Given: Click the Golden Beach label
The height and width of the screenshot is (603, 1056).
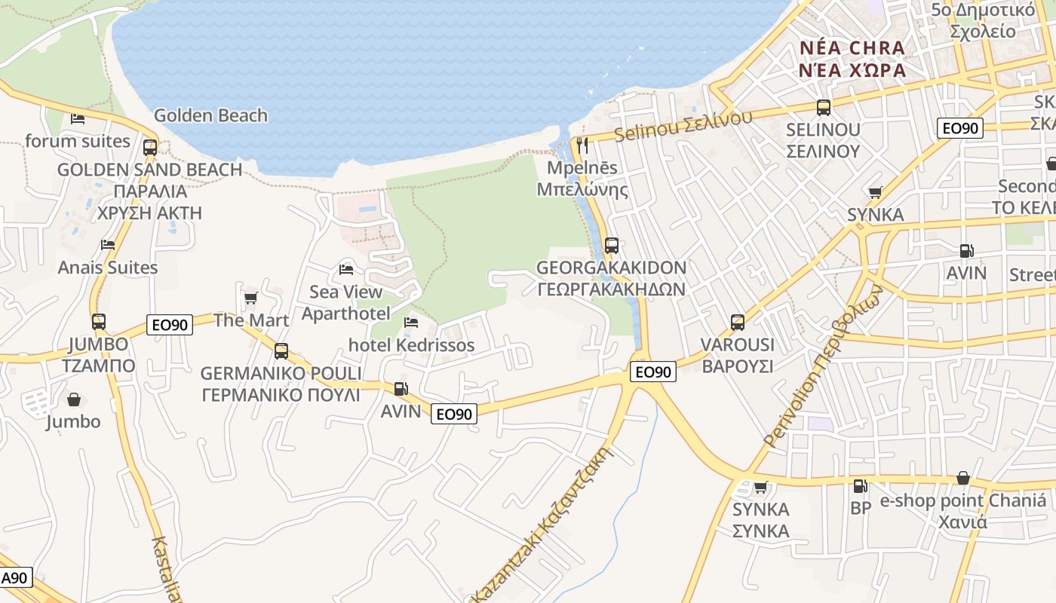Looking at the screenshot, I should point(210,115).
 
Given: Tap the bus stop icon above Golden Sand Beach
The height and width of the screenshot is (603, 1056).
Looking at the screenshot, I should point(150,147).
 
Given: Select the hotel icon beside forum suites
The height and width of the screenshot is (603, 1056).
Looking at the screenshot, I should point(78,118).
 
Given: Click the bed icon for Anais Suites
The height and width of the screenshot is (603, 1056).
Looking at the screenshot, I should point(108,245).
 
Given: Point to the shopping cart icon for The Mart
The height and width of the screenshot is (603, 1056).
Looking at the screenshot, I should point(250,298).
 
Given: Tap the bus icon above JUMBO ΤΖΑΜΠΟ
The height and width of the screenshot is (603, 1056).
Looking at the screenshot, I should point(99,322).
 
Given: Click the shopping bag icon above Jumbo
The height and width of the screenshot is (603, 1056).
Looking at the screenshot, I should point(74,399).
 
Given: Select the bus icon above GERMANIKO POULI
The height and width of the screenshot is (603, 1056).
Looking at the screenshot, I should point(281,350).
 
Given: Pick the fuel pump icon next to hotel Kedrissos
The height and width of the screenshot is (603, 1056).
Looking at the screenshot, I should point(401,389).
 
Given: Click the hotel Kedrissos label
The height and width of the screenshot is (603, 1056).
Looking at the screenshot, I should point(411,345).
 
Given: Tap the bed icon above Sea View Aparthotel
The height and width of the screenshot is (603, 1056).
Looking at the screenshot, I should point(346,269).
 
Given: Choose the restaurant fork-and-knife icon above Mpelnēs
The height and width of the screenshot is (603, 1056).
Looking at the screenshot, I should point(582,145).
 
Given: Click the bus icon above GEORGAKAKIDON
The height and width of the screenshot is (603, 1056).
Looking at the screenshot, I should point(612,245).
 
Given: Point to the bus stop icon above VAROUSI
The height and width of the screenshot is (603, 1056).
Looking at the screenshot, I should point(738,323).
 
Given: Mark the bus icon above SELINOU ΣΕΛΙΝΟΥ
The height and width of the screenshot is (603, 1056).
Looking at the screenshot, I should point(823,108).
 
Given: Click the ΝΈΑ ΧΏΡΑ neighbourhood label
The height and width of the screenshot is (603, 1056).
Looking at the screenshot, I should point(852,70).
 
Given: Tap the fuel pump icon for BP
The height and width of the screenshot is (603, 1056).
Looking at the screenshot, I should point(861,486).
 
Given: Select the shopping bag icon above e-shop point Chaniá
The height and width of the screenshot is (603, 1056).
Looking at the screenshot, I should point(962,478).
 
